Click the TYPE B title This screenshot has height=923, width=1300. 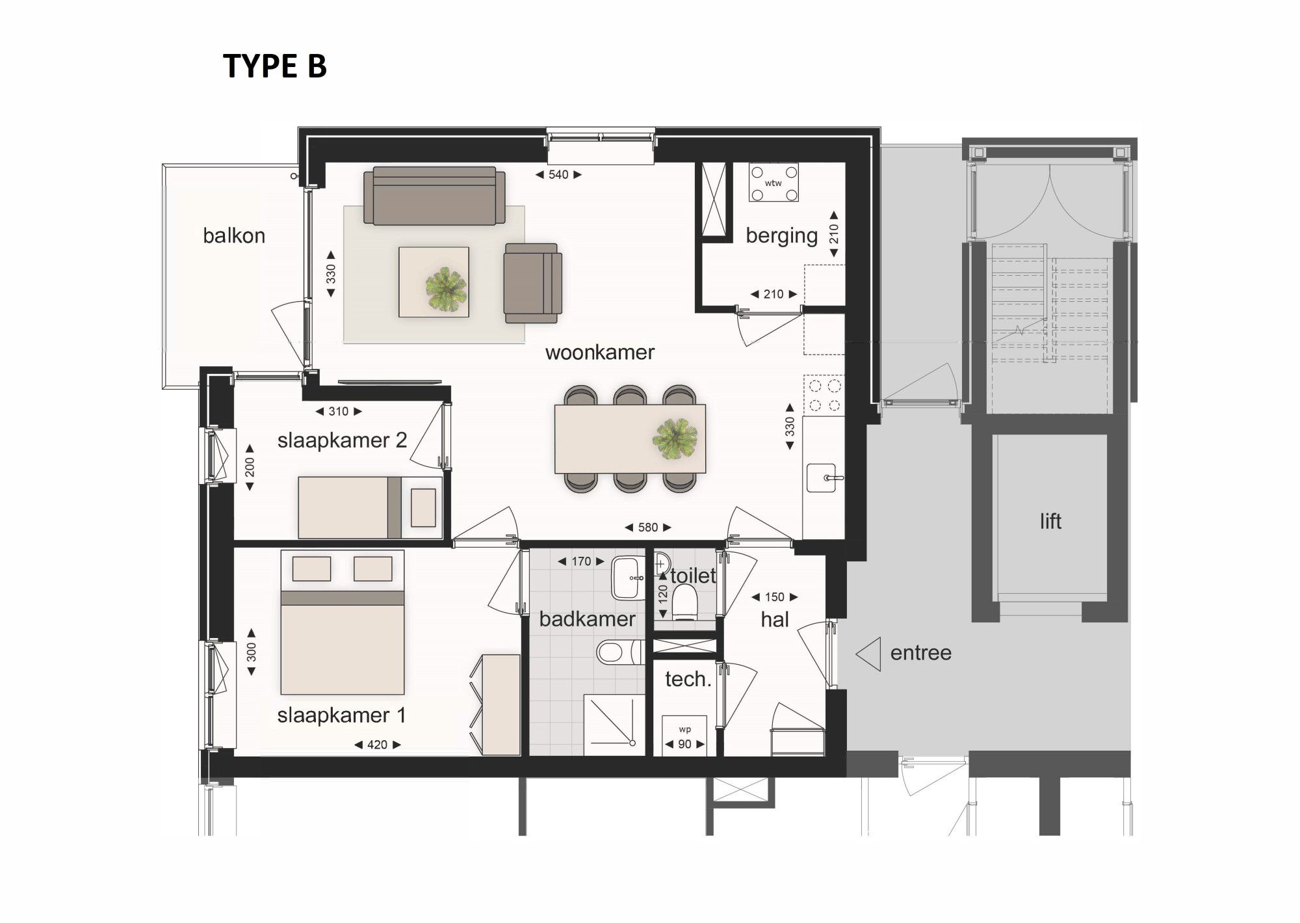coord(274,66)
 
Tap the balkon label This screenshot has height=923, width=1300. coord(234,235)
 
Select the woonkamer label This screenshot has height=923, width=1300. coord(599,353)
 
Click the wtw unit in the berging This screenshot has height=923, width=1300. coord(773,183)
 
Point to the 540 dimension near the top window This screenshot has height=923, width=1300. coord(558,174)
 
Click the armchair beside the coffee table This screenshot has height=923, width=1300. coord(532,283)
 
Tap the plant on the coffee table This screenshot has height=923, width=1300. coord(446,288)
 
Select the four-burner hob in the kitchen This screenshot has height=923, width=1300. coord(824,395)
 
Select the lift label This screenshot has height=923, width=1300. coord(1050,521)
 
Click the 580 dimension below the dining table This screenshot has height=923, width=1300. coord(647,528)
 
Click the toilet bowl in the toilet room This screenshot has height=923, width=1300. coord(684,600)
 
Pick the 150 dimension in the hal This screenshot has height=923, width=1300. coord(774,597)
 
